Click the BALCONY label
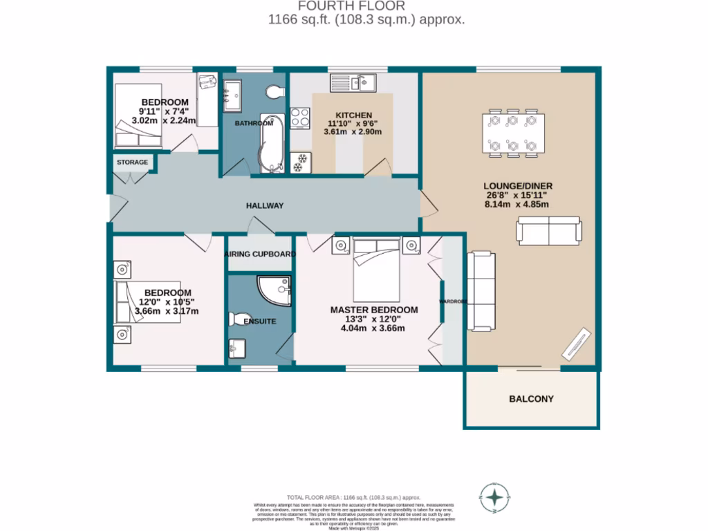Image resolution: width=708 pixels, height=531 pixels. pos(531,399)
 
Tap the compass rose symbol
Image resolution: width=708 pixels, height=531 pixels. pos(495,497)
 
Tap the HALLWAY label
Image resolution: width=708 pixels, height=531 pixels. pos(265,205)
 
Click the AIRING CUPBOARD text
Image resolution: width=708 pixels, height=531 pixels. pos(260,254)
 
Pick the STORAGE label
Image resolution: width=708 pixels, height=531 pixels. pos(132,162)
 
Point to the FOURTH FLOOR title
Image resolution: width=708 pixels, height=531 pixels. pos(366,6)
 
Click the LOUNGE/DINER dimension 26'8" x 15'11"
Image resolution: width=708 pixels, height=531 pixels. pos(519,195)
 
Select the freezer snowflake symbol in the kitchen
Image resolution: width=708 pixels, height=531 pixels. pos(300,167)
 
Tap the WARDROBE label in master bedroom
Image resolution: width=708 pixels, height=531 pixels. pos(453,301)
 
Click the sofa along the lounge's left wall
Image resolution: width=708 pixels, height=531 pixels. pos(481,290)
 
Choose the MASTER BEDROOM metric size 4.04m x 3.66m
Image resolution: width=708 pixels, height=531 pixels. pos(373,328)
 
